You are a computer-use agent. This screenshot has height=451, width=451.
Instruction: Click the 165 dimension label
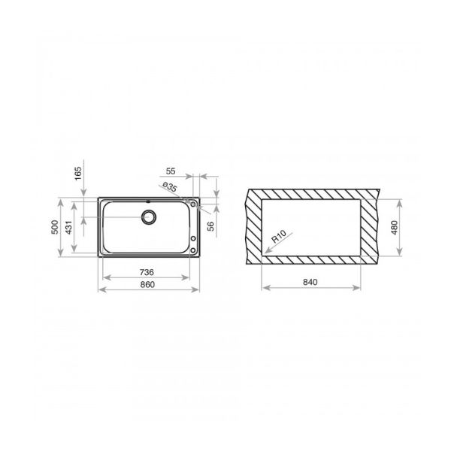pyautogui.click(x=78, y=174)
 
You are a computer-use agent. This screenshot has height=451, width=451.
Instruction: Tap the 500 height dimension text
pyautogui.click(x=55, y=227)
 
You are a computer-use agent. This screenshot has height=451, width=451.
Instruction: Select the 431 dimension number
pyautogui.click(x=69, y=227)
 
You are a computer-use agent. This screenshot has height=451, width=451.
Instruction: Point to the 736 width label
pyautogui.click(x=147, y=272)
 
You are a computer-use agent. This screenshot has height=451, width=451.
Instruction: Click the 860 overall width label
pyautogui.click(x=147, y=284)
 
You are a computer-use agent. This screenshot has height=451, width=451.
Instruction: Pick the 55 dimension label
pyautogui.click(x=171, y=171)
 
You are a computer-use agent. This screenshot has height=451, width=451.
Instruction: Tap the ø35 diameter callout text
pyautogui.click(x=170, y=187)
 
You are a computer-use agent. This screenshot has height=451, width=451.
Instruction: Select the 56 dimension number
pyautogui.click(x=210, y=226)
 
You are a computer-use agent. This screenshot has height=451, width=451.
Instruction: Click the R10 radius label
pyautogui.click(x=279, y=237)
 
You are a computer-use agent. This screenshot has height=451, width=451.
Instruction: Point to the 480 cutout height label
pyautogui.click(x=395, y=228)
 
